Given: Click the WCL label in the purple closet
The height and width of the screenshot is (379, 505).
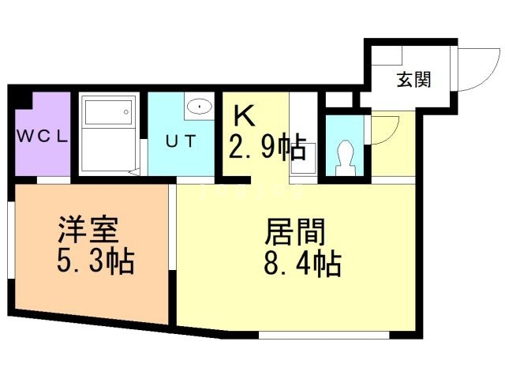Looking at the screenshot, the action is [42, 137].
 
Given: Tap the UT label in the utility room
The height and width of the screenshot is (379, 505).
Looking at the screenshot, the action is [181, 141].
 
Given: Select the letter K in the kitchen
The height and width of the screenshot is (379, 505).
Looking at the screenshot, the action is [245, 116].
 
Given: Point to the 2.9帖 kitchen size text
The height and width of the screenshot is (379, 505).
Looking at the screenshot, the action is [267, 146].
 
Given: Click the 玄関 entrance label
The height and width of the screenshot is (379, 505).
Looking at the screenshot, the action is [413, 79].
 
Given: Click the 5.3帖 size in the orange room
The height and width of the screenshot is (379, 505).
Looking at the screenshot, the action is [95, 261].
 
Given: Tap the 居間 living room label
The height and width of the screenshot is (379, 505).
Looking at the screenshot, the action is [294, 231].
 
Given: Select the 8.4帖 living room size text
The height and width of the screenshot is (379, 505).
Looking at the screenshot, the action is [302, 263].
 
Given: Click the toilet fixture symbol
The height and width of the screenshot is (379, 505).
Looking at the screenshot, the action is [345, 159].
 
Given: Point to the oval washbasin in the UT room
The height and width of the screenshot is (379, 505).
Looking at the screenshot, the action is [200, 106].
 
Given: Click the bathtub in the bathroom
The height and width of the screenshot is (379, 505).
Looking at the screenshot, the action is [108, 112].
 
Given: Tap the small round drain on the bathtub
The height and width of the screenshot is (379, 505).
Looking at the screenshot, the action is [126, 112].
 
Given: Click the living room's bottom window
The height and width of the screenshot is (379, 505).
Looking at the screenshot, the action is [324, 335].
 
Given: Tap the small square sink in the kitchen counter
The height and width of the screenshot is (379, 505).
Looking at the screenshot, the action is [303, 158].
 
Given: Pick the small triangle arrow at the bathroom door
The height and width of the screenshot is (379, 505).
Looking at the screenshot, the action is [134, 172].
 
